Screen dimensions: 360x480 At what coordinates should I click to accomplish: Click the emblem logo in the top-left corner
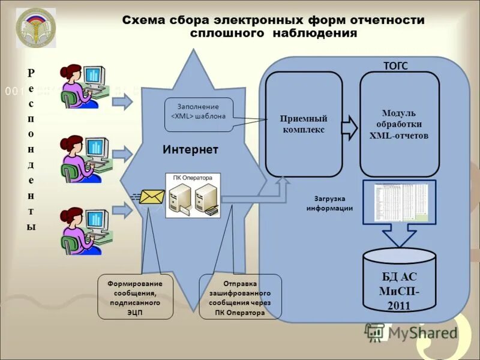tap(35, 28)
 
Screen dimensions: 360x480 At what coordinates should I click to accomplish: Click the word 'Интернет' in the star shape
tap(190, 149)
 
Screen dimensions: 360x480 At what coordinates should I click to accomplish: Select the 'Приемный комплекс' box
tap(304, 124)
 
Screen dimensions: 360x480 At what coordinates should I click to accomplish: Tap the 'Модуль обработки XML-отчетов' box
tap(399, 124)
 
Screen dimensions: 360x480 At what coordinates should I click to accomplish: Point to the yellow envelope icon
tap(151, 196)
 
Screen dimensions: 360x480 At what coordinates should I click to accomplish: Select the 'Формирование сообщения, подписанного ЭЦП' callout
tap(136, 297)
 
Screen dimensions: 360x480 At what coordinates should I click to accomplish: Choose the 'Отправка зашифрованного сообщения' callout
tap(240, 297)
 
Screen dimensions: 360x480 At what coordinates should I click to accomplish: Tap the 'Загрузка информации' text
tap(329, 203)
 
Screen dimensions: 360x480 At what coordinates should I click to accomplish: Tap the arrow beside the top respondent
tap(122, 102)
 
